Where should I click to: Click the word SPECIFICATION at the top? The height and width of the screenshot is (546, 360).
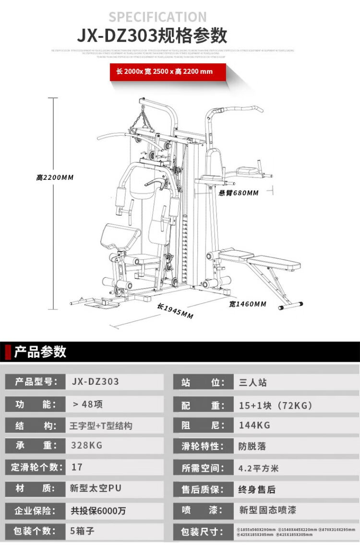(157, 17)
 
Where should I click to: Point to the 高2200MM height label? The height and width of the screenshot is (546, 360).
(55, 178)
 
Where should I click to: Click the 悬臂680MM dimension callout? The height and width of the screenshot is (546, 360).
(239, 193)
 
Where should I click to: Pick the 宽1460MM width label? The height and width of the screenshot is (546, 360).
(247, 304)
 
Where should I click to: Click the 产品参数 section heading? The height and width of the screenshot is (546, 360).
(40, 351)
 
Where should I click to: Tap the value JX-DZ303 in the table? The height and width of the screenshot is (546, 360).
(95, 382)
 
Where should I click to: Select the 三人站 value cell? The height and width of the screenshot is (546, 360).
(253, 382)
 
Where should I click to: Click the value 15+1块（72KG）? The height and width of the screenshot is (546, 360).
(276, 405)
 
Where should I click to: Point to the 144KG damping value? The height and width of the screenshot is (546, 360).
(254, 425)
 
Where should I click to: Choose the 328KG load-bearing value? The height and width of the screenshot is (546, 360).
(86, 445)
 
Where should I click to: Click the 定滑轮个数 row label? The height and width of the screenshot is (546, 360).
(36, 467)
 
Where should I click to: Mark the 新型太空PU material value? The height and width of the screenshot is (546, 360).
(96, 488)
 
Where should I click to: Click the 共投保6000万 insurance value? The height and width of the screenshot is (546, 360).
(98, 511)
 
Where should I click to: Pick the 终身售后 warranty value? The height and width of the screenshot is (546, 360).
(257, 489)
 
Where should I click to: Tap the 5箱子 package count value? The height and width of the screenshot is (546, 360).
(82, 531)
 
